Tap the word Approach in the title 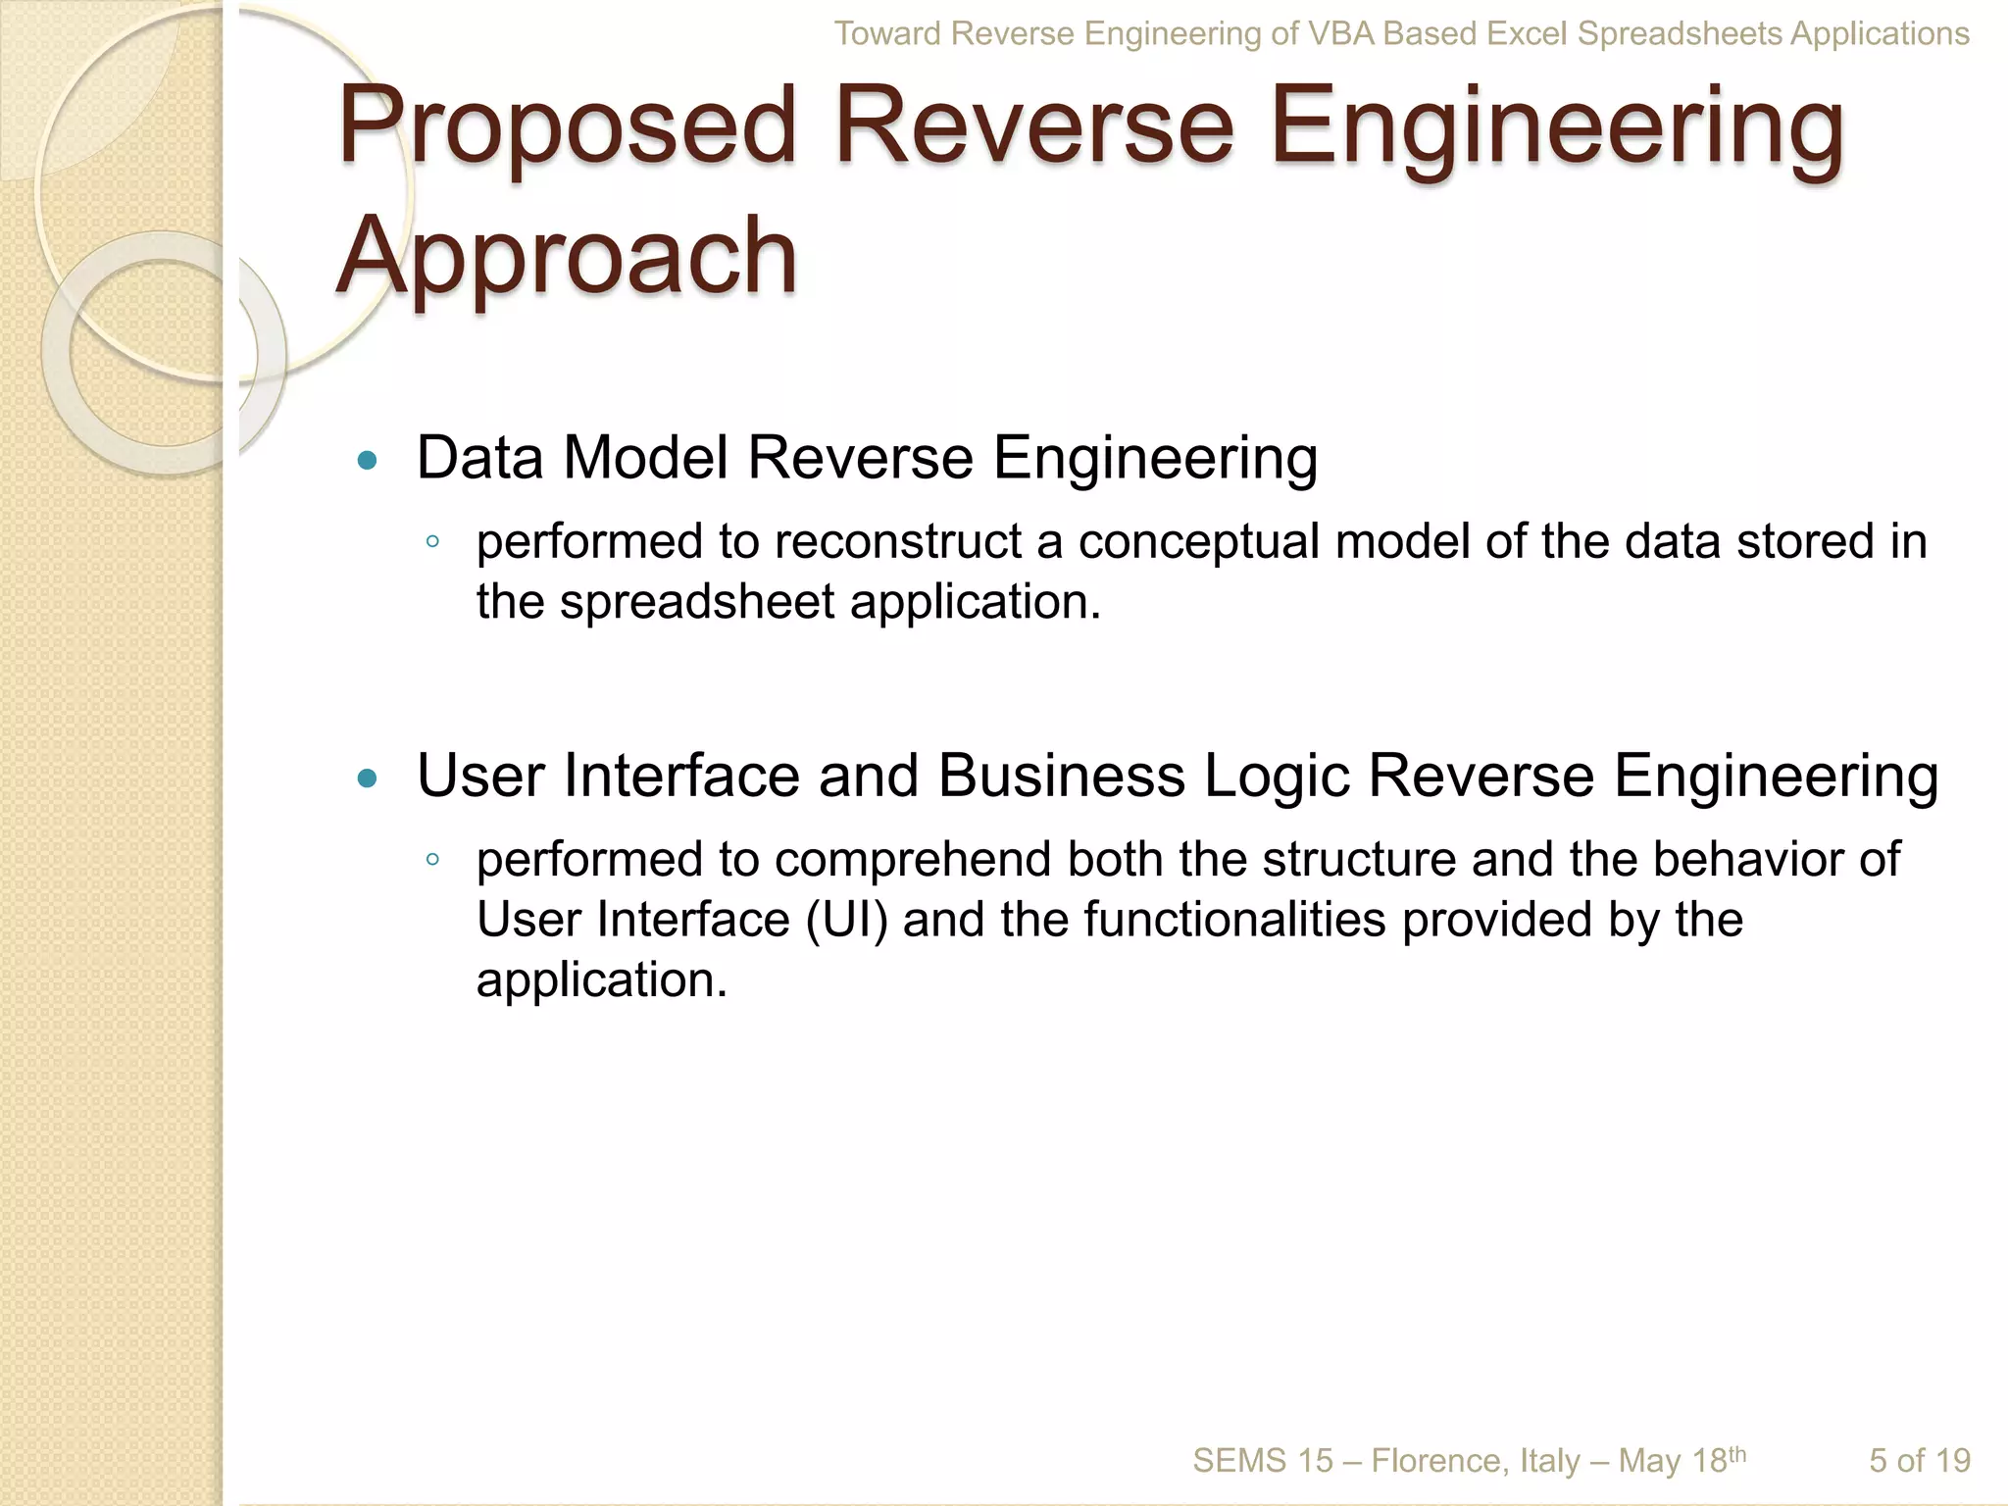click(x=567, y=257)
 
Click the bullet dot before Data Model click(x=368, y=460)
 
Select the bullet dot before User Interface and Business click(x=368, y=778)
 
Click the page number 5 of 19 click(x=1919, y=1461)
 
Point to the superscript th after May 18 click(x=1736, y=1453)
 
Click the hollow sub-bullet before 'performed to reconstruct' click(x=432, y=542)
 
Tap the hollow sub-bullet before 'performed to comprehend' click(x=432, y=860)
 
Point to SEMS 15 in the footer click(x=1263, y=1461)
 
